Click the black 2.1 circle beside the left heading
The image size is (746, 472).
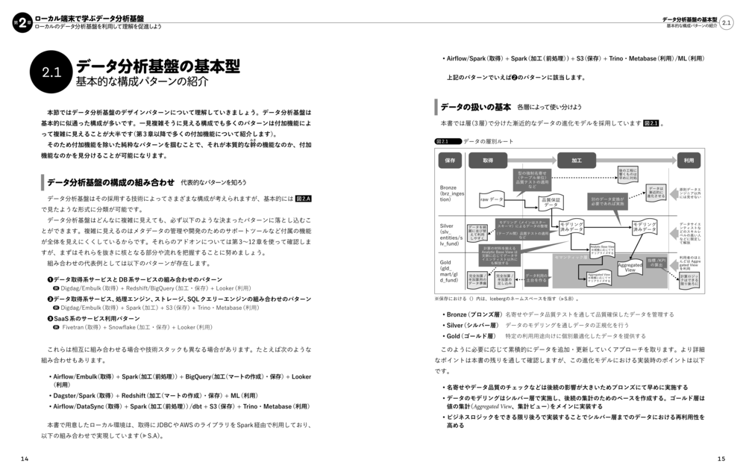pyautogui.click(x=51, y=72)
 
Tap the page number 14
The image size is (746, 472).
pyautogui.click(x=25, y=457)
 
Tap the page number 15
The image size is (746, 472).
pyautogui.click(x=721, y=457)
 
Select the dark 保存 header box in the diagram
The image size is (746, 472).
pyautogui.click(x=450, y=161)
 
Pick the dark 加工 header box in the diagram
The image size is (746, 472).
pyautogui.click(x=577, y=161)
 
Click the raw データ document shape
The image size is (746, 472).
pyautogui.click(x=492, y=200)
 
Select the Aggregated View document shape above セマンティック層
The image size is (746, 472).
pyautogui.click(x=630, y=264)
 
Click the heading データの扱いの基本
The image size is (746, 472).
pyautogui.click(x=475, y=107)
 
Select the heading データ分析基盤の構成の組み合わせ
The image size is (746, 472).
pyautogui.click(x=110, y=181)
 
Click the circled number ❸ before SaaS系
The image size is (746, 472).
pyautogui.click(x=49, y=317)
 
